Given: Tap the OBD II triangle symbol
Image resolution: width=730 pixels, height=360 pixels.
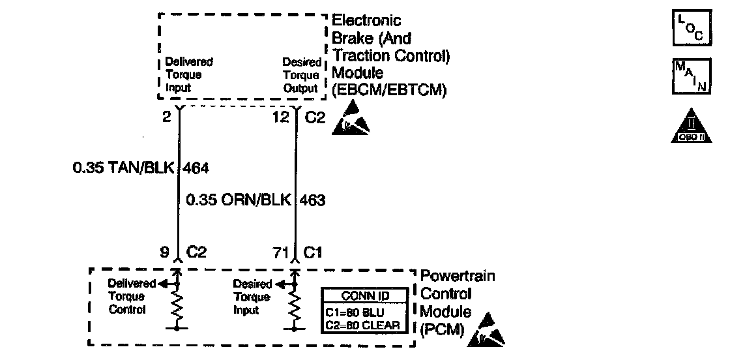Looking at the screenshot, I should (688, 127).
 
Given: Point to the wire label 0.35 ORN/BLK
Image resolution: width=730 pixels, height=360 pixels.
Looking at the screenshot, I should (239, 200).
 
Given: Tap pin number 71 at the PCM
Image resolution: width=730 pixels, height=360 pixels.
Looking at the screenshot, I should (280, 252).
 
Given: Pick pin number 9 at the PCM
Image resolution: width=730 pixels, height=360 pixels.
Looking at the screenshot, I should (166, 252).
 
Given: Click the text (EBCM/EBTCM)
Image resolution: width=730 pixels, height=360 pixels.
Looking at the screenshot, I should (389, 91).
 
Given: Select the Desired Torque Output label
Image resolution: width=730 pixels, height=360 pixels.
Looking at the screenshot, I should (301, 76).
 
